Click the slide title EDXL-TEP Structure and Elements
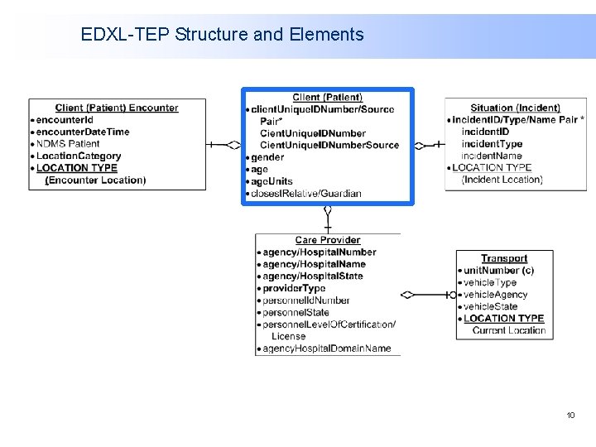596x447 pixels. (222, 35)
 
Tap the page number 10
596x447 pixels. (570, 415)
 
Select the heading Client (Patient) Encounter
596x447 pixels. (117, 108)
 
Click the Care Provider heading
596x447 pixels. (328, 240)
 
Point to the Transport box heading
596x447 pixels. (504, 258)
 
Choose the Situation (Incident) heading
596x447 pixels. (515, 108)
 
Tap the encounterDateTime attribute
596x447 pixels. (83, 132)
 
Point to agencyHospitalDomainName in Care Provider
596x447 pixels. (326, 348)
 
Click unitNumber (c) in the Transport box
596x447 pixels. (498, 270)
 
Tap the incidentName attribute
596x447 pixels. (492, 156)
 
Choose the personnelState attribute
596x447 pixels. (296, 312)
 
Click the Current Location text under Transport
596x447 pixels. (508, 330)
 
